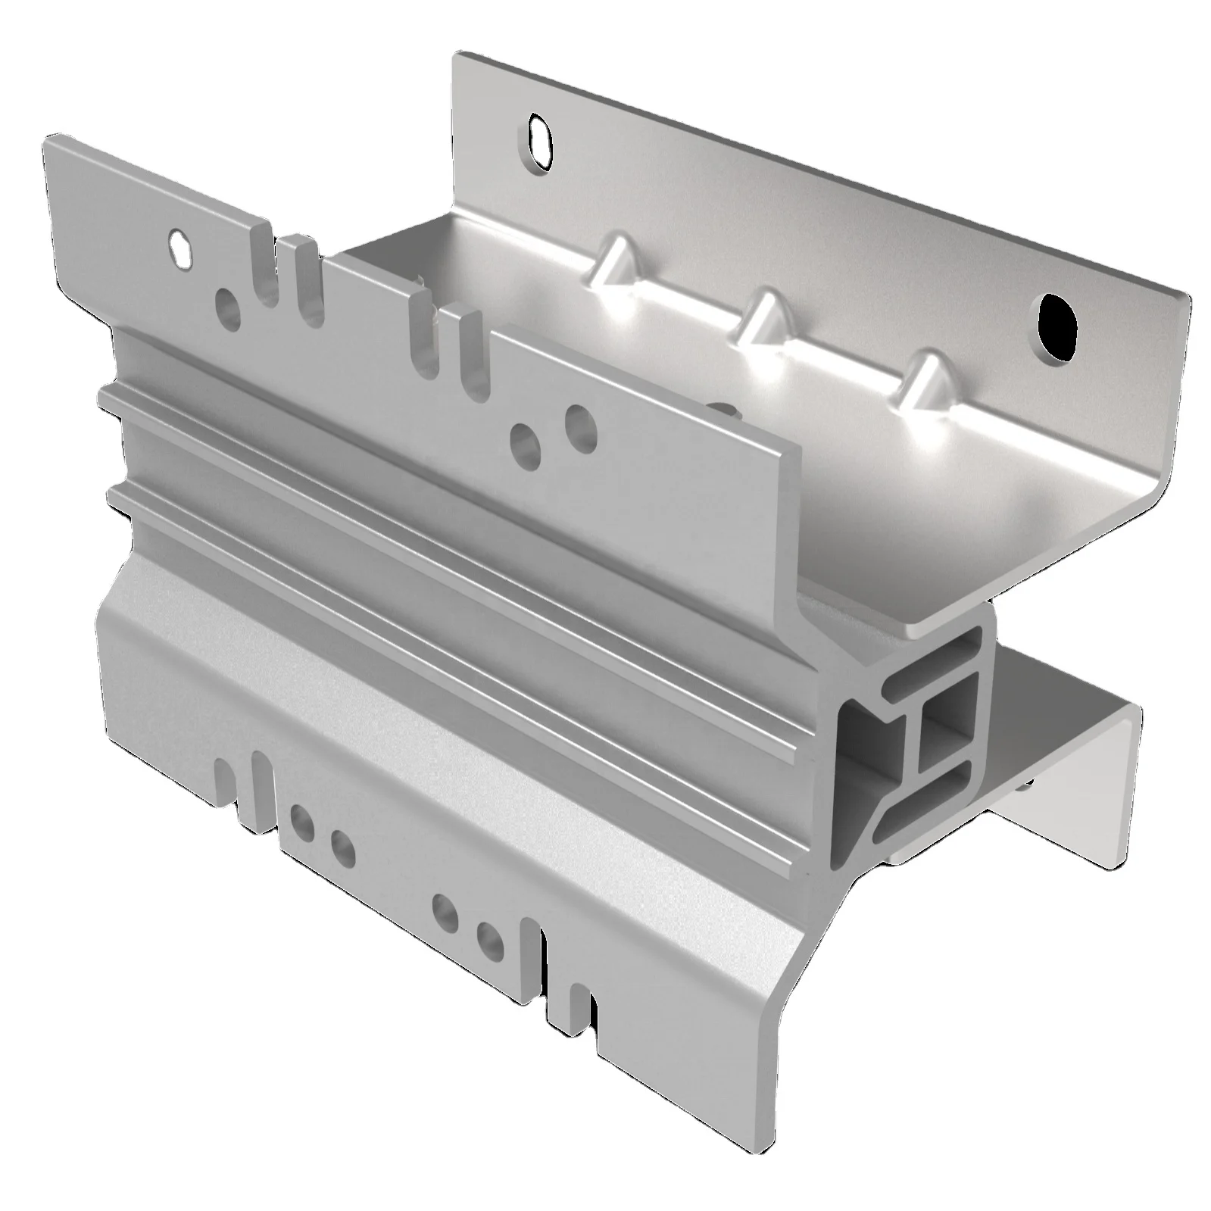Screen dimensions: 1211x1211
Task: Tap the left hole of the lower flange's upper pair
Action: point(301,821)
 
